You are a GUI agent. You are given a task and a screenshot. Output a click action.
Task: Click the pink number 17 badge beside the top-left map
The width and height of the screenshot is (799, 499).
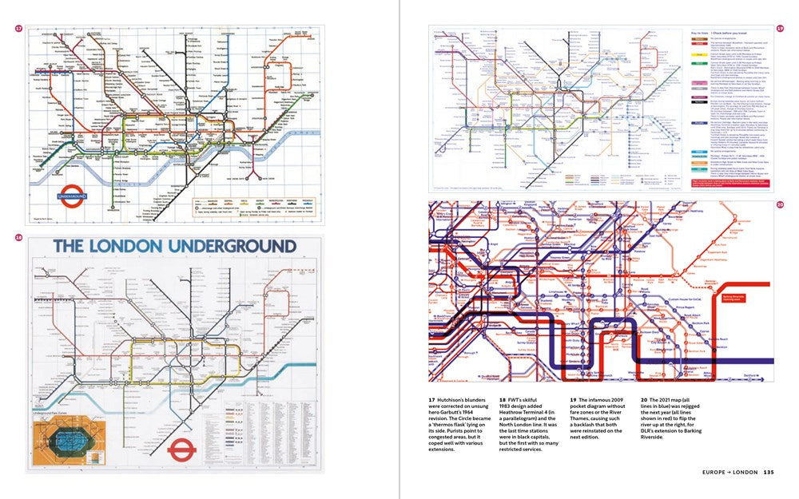[18, 29]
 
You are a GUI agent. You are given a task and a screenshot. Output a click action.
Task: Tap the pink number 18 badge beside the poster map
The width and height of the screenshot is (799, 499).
[18, 238]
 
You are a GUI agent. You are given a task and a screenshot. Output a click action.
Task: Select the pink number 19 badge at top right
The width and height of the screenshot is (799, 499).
[780, 29]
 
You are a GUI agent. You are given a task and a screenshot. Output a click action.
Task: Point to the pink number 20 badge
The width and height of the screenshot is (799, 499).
[780, 205]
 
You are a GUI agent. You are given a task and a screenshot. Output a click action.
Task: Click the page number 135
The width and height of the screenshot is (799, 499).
[768, 472]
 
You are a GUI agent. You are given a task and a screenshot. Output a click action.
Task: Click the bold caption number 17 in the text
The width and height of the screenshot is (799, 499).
[432, 399]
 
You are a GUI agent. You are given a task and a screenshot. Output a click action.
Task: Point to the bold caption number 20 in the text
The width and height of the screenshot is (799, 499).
[644, 399]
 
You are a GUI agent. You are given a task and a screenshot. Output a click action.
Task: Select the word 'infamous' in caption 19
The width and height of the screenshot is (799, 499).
[606, 399]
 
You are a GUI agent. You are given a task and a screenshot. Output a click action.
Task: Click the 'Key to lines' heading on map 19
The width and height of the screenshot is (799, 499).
[701, 33]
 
